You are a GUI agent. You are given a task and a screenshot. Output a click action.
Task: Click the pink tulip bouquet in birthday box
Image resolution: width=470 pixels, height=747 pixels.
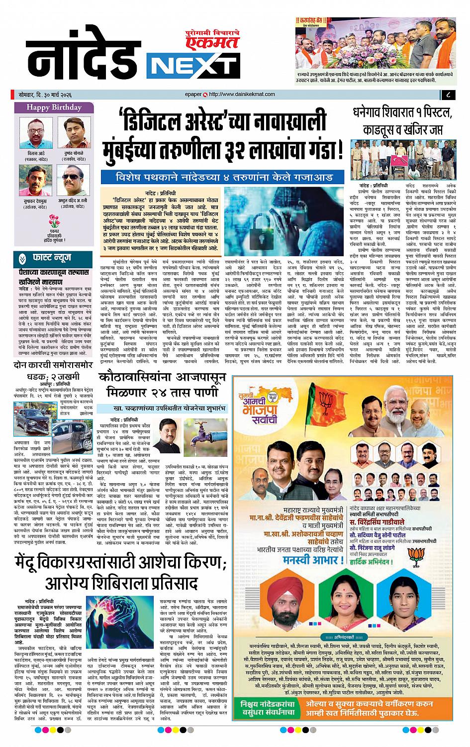[54, 219]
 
